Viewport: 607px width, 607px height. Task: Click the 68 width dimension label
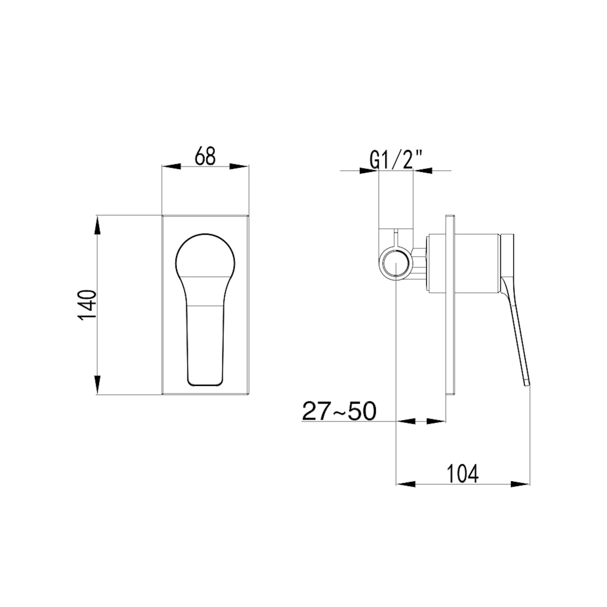tap(205, 156)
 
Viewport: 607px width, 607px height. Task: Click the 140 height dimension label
tap(87, 305)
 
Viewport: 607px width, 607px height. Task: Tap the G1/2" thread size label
tap(396, 160)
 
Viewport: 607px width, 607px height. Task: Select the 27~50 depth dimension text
tap(339, 410)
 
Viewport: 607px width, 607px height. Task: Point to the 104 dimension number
tap(462, 474)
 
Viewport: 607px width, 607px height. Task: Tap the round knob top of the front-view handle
tap(206, 255)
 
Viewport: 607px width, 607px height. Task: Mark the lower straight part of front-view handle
tap(206, 344)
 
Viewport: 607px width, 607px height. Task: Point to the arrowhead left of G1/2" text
tap(369, 171)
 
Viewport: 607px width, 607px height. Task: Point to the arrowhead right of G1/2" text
tap(423, 171)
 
